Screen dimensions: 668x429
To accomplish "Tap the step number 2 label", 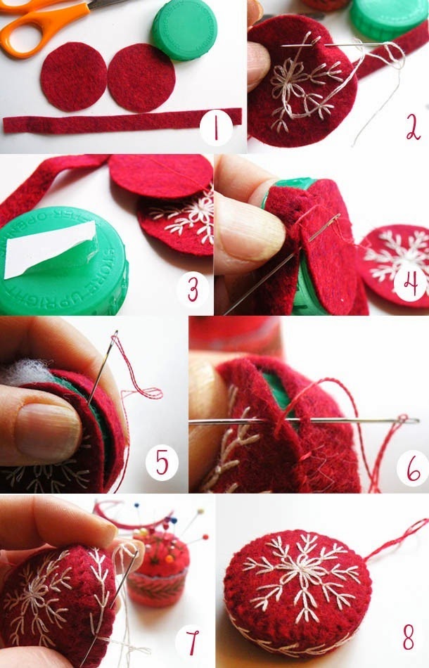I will (409, 129).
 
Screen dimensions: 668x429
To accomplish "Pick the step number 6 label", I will (412, 467).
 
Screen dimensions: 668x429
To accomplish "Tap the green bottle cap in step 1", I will (184, 30).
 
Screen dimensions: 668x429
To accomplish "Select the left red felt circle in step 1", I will (73, 77).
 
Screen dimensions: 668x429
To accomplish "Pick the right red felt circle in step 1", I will (141, 77).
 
